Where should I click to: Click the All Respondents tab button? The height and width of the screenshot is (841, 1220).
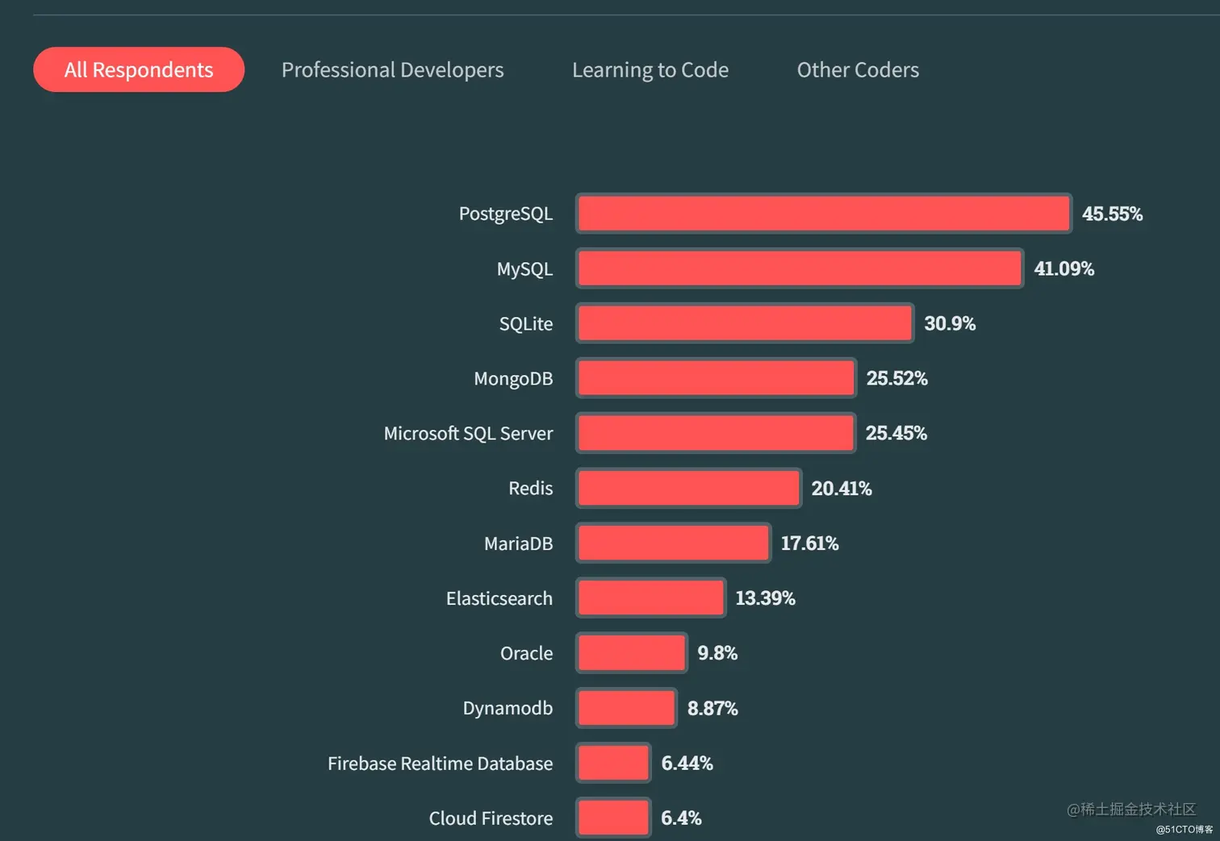[x=139, y=70]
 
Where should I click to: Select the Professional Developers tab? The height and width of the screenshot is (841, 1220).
[x=392, y=70]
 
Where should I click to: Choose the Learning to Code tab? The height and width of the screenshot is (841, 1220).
[x=650, y=70]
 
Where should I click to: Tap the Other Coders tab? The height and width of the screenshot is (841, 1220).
[x=858, y=70]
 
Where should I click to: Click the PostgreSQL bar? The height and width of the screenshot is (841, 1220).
[x=824, y=214]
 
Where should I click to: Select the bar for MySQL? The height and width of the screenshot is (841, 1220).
[x=800, y=269]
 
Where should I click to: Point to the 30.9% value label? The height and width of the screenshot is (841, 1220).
[x=950, y=323]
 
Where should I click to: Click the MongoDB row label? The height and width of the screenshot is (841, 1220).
[x=513, y=379]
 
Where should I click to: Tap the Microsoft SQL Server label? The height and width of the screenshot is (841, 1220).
[x=468, y=434]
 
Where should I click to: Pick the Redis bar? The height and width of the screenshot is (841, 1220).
[x=688, y=489]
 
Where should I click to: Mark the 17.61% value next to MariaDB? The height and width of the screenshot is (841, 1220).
[x=809, y=543]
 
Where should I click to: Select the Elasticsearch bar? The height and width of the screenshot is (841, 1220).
[x=650, y=598]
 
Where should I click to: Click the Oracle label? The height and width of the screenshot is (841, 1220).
[x=526, y=653]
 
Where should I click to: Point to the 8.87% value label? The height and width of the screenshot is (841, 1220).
[x=712, y=708]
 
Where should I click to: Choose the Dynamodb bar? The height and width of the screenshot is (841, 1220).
[x=626, y=708]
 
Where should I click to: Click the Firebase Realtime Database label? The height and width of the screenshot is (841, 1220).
[x=440, y=764]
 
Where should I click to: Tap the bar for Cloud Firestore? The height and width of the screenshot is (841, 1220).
[x=613, y=818]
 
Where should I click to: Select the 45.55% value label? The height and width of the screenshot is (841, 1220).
[x=1112, y=214]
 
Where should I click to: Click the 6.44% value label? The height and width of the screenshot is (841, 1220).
[x=687, y=763]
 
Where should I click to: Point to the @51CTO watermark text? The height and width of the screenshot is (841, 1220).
[x=1184, y=830]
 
